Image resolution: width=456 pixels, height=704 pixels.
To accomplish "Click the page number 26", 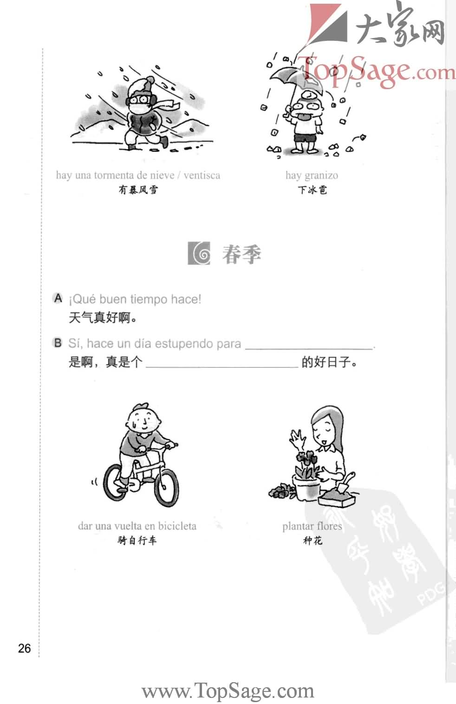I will tap(24, 648).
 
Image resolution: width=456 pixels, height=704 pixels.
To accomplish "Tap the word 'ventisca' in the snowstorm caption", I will tap(202, 176).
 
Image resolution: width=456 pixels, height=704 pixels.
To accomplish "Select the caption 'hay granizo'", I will tap(312, 176).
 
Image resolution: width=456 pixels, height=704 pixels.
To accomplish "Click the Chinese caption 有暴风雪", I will tap(138, 189).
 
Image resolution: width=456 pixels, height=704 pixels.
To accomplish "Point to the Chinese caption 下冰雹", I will tap(312, 189).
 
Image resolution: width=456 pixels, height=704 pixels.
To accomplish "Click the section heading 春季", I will tap(241, 254).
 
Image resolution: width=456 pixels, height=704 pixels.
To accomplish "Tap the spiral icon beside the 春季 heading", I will tap(199, 254).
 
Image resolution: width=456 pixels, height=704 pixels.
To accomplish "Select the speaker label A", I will tap(58, 298).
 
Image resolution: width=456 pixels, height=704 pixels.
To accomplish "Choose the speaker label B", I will tap(58, 343).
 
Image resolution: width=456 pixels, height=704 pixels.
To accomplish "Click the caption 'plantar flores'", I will tap(312, 526).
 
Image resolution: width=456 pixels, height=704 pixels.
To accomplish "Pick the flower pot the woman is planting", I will tap(306, 488).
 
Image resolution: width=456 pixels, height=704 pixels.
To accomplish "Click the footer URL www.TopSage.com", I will tap(228, 691).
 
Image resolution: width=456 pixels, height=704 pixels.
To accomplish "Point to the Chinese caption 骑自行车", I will tap(137, 540).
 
